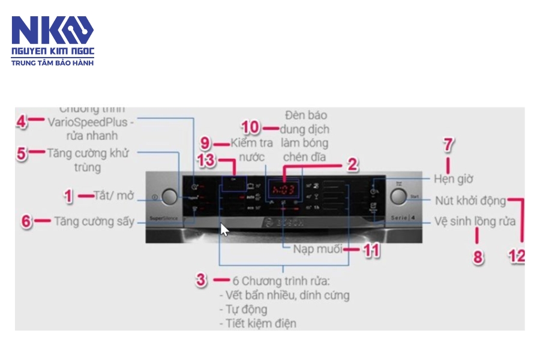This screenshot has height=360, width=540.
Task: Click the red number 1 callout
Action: point(68,196)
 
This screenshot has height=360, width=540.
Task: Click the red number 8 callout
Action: point(478,257)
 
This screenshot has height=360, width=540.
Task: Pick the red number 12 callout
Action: point(517,256)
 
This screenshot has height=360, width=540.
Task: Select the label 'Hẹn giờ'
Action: point(454,179)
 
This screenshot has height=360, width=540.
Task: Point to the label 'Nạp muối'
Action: point(317,249)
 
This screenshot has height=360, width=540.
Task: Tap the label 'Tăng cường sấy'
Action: point(94,221)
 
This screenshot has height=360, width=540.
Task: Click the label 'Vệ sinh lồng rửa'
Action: point(475,221)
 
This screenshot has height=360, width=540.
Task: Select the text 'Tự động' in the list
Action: point(244,310)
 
